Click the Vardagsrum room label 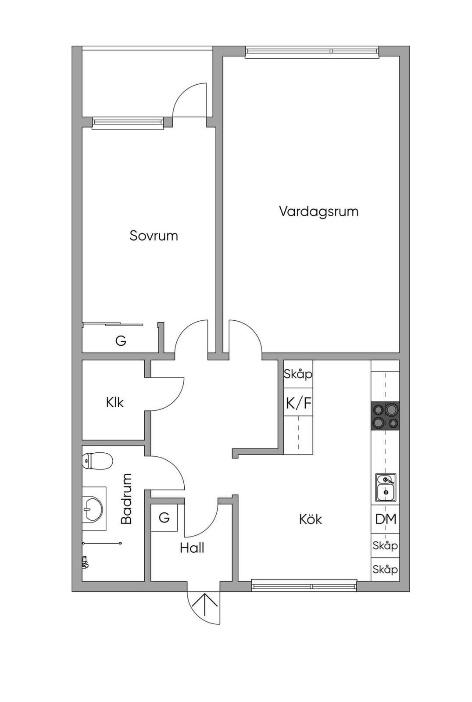point(318,212)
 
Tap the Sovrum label point(154,236)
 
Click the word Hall point(192,548)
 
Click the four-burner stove point(385,415)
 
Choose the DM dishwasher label point(386,519)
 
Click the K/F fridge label point(299,403)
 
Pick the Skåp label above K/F point(298,374)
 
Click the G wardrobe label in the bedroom point(121,340)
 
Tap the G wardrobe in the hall point(164,517)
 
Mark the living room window point(312,52)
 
